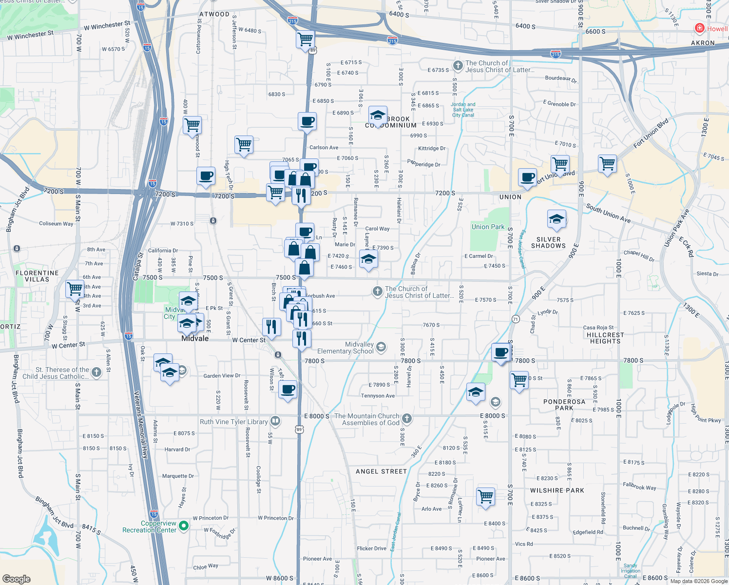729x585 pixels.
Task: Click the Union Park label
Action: click(x=488, y=227)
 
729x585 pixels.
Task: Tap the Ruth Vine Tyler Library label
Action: click(x=234, y=422)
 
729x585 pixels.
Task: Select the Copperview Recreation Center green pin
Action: click(x=184, y=526)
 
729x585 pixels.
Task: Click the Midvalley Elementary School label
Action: click(x=345, y=348)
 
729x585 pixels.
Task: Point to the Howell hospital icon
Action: click(x=700, y=28)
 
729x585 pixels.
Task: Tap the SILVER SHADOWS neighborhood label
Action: click(x=548, y=243)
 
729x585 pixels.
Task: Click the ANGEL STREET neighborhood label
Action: click(x=381, y=471)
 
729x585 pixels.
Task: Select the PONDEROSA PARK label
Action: click(x=564, y=405)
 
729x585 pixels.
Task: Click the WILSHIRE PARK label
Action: click(x=557, y=490)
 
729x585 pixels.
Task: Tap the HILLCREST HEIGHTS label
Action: click(x=605, y=338)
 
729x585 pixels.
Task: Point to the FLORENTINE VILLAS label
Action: click(x=37, y=276)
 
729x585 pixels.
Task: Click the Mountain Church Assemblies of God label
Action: click(x=367, y=419)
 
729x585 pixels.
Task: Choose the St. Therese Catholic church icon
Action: click(x=96, y=372)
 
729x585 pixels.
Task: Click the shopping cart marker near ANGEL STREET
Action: click(x=486, y=497)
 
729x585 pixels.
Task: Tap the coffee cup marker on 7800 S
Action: click(x=501, y=352)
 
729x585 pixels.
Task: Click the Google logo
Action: click(x=16, y=579)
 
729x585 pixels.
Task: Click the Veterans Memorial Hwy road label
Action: click(x=141, y=424)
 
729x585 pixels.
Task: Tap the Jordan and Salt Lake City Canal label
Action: click(x=463, y=110)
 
